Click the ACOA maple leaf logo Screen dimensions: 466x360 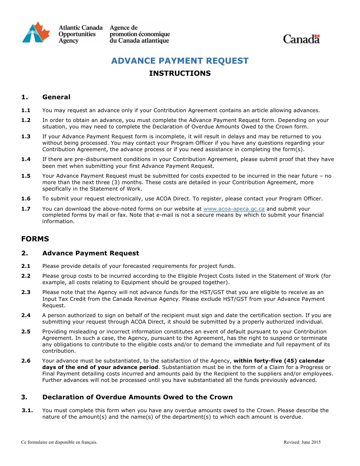coord(36,33)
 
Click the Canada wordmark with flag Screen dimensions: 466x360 coord(301,39)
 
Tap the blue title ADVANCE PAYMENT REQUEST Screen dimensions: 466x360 coord(180,61)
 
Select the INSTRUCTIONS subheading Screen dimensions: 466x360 coord(180,73)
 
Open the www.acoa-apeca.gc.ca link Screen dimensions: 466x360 coord(234,209)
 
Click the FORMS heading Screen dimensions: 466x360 coord(35,239)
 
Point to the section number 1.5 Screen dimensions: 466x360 coord(26,176)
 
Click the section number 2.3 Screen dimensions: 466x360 coord(26,292)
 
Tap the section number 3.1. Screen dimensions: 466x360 coord(27,410)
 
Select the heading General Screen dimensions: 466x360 coord(56,97)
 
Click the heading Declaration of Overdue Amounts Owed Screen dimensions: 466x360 coord(137,397)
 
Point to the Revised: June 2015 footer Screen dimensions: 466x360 coord(302,442)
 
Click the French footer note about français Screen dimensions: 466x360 coord(59,442)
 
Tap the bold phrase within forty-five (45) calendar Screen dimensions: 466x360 coord(279,361)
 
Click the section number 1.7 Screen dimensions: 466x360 coord(26,209)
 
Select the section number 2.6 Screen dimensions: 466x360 coord(26,361)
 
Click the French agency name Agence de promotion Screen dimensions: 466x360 coord(139,34)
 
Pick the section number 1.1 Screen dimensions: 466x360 coord(26,110)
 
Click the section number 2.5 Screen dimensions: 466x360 coord(26,332)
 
